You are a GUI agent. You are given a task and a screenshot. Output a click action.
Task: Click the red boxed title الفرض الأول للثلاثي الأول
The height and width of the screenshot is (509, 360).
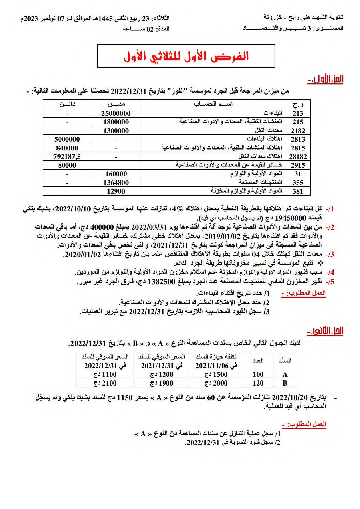click(x=186, y=56)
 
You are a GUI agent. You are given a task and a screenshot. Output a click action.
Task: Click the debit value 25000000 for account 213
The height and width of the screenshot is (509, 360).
click(x=116, y=113)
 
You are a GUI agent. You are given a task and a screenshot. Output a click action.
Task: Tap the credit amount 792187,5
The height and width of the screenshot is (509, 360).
click(x=67, y=157)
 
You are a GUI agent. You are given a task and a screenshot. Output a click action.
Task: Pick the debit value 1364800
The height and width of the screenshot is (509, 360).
click(x=116, y=183)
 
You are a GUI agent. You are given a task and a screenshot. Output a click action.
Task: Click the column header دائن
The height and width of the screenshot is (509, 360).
click(x=67, y=104)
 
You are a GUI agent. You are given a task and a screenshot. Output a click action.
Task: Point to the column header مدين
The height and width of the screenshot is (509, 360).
click(x=116, y=104)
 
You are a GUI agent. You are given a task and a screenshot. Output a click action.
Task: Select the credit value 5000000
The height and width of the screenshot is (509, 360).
click(x=67, y=139)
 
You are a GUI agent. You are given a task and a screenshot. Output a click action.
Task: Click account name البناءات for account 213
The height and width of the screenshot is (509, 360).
click(x=273, y=113)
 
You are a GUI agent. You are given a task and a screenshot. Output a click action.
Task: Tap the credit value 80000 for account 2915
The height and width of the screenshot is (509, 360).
click(x=67, y=165)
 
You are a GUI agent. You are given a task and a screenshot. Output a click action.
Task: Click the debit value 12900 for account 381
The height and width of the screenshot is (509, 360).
click(x=116, y=191)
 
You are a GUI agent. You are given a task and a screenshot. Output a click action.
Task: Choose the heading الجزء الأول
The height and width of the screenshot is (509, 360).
click(x=325, y=80)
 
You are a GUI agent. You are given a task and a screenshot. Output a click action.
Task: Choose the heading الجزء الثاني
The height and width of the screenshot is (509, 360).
click(x=325, y=331)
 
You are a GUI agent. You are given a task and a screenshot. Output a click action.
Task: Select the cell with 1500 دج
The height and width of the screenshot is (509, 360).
click(x=216, y=374)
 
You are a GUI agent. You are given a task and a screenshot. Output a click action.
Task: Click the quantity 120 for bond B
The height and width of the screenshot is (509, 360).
click(x=258, y=383)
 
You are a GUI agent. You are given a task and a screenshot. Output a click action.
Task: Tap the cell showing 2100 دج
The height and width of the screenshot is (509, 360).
click(x=105, y=383)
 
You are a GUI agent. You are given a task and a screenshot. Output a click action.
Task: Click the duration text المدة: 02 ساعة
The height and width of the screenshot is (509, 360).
click(x=146, y=29)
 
